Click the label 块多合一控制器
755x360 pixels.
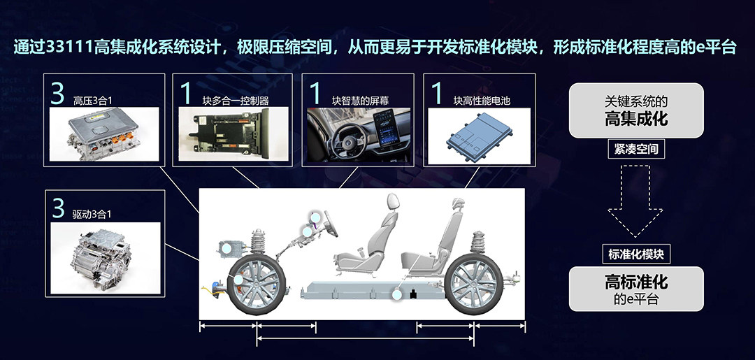236,101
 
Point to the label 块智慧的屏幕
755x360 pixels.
361,101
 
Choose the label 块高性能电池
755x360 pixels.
482,101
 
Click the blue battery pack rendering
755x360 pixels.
478,136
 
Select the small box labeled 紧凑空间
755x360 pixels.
636,149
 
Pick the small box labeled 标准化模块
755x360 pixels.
636,254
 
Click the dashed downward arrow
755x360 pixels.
635,202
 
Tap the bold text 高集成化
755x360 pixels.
636,118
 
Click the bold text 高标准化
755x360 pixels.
636,282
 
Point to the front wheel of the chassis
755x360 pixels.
257,284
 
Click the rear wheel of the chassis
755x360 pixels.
475,284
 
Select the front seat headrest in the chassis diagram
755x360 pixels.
393,201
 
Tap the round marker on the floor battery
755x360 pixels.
397,294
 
